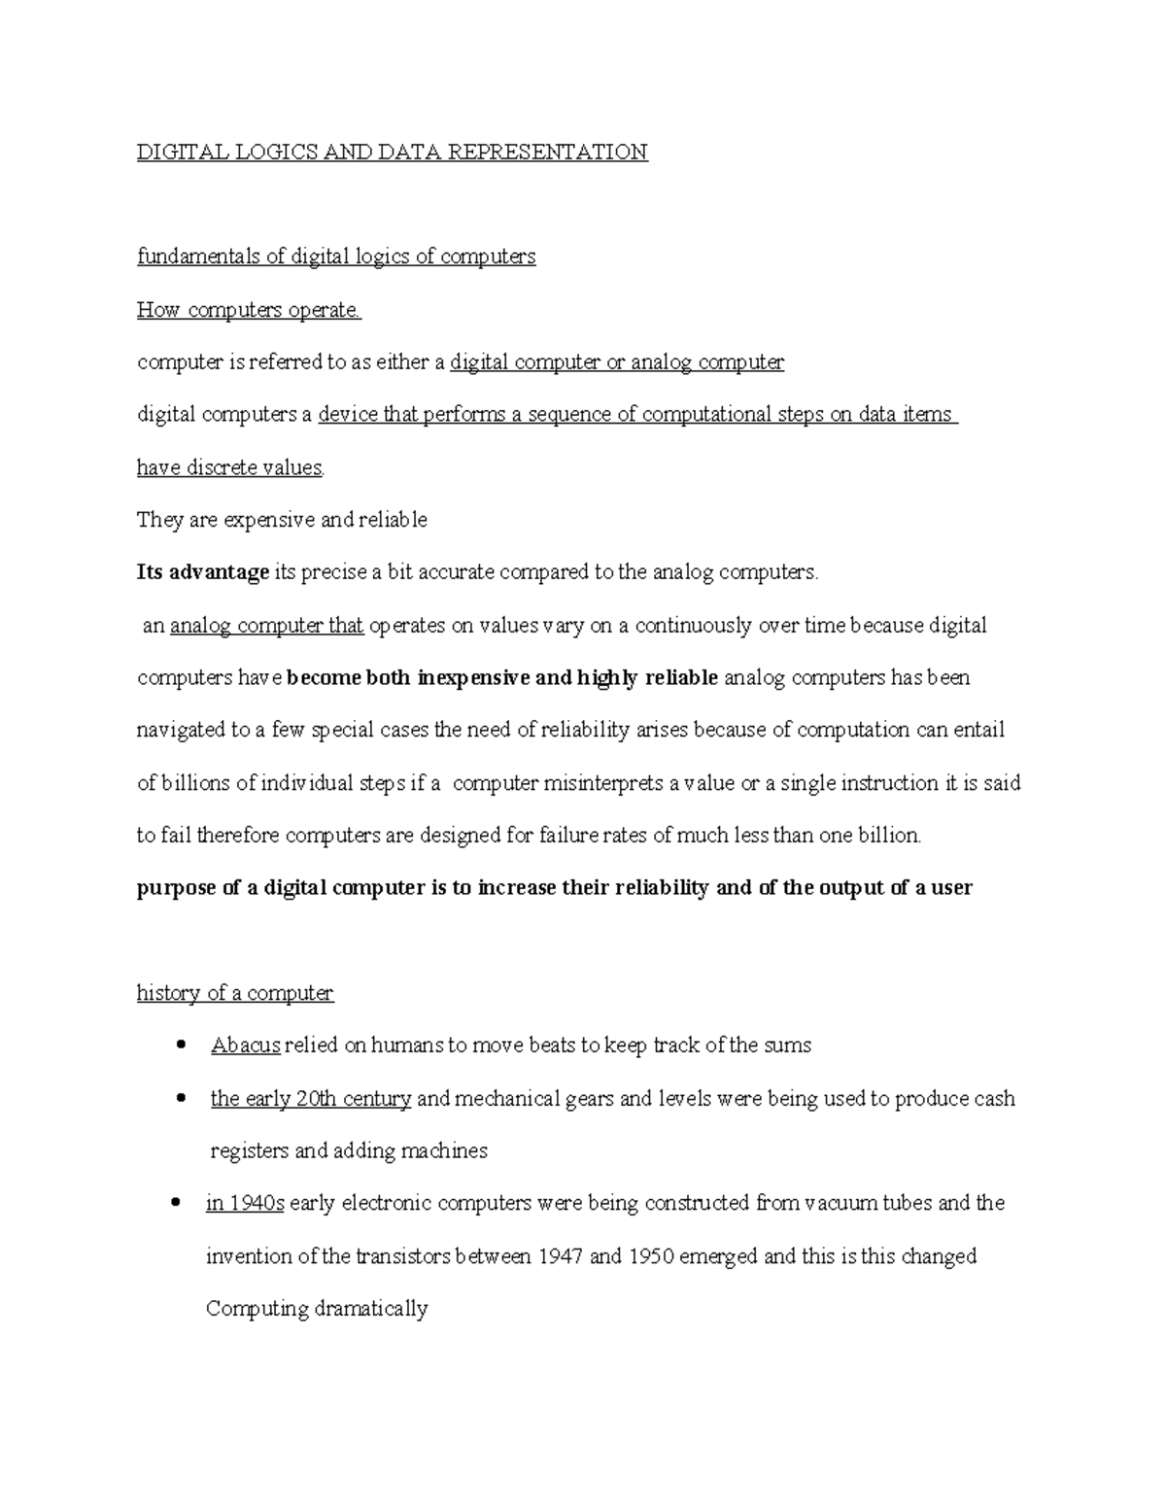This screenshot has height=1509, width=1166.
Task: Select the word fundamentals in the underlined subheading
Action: click(x=197, y=257)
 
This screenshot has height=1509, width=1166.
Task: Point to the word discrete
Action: click(x=224, y=467)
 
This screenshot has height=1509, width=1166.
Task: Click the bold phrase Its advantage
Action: click(x=202, y=572)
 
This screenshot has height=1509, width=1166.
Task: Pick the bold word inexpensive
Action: click(x=473, y=678)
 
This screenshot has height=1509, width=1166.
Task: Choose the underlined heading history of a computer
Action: click(x=234, y=993)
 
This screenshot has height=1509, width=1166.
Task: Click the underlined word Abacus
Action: click(x=246, y=1046)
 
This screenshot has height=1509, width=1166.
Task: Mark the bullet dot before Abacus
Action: click(x=178, y=1046)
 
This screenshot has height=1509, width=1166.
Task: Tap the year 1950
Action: click(x=651, y=1256)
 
